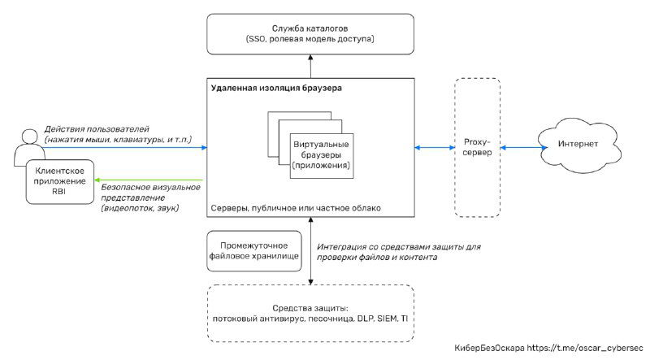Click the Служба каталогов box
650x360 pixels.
[x=312, y=33]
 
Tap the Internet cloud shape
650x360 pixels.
[x=578, y=145]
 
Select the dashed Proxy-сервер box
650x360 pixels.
[x=477, y=148]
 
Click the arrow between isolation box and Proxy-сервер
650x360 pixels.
[x=435, y=148]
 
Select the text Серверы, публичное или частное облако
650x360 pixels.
[x=295, y=209]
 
